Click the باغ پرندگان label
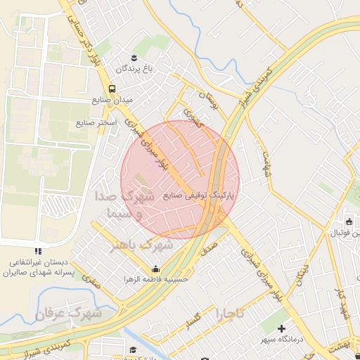pyautogui.click(x=130, y=69)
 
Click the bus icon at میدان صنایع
pyautogui.click(x=112, y=89)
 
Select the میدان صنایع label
pyautogui.click(x=112, y=100)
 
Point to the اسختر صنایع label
pyautogui.click(x=96, y=122)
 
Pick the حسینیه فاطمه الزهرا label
pyautogui.click(x=156, y=278)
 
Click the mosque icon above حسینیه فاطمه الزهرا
pyautogui.click(x=155, y=268)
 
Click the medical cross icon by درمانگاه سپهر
pyautogui.click(x=282, y=328)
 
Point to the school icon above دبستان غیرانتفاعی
pyautogui.click(x=38, y=251)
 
